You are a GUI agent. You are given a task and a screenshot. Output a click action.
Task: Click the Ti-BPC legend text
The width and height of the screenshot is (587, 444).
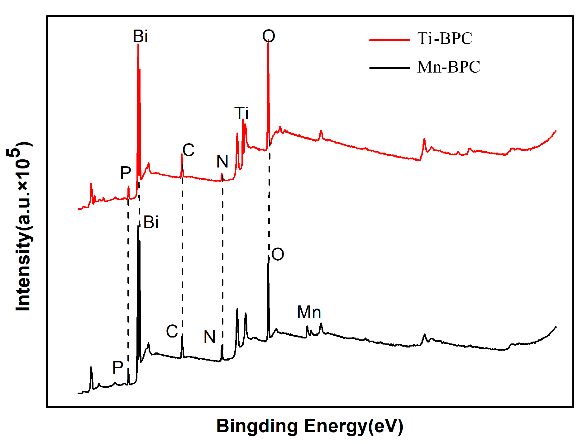pyautogui.click(x=445, y=39)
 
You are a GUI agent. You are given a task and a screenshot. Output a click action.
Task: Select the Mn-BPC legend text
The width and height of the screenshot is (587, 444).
pyautogui.click(x=449, y=67)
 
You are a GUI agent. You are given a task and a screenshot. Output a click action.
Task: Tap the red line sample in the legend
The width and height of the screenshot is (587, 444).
pyautogui.click(x=389, y=40)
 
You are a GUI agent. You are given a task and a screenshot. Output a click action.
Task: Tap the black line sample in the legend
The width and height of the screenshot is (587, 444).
pyautogui.click(x=389, y=68)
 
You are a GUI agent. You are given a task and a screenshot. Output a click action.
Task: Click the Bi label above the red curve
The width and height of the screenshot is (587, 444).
pyautogui.click(x=140, y=36)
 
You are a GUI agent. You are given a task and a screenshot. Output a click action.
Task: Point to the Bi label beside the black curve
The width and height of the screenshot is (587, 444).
pyautogui.click(x=151, y=223)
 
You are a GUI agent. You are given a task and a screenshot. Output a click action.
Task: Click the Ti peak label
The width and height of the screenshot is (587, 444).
pyautogui.click(x=241, y=113)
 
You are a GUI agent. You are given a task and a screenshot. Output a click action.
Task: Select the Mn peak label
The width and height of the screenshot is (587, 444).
pyautogui.click(x=309, y=312)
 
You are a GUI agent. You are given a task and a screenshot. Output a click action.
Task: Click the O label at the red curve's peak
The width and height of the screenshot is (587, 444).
pyautogui.click(x=269, y=36)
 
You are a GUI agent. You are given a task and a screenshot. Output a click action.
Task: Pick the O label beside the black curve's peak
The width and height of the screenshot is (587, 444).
pyautogui.click(x=278, y=254)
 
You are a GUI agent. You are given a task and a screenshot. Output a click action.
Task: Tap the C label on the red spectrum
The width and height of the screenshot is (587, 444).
pyautogui.click(x=189, y=150)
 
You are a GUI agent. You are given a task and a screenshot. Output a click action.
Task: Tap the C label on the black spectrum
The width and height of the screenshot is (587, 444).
pyautogui.click(x=172, y=332)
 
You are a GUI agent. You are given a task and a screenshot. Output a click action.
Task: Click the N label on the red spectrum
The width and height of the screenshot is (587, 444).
pyautogui.click(x=222, y=162)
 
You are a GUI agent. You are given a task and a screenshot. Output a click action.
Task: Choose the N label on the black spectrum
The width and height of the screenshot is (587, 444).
pyautogui.click(x=210, y=337)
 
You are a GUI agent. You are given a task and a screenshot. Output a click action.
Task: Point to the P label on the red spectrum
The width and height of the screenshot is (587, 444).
pyautogui.click(x=126, y=173)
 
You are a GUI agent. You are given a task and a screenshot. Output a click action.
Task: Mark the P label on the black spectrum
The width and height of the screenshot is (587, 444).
pyautogui.click(x=118, y=368)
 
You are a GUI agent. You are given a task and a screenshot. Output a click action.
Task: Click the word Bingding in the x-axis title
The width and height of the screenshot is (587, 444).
pyautogui.click(x=257, y=426)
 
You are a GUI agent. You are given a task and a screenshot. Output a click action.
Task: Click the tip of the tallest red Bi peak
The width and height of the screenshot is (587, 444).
pyautogui.click(x=138, y=44)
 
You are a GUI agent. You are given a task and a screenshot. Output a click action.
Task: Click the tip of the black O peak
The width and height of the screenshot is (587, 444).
pyautogui.click(x=268, y=257)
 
